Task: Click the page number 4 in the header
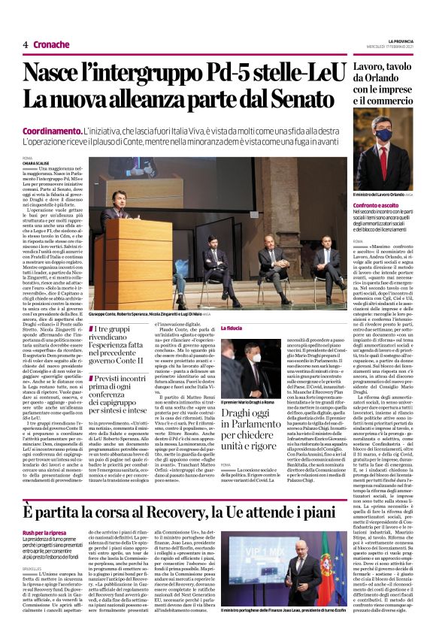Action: (x=25, y=45)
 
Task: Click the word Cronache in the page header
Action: (x=52, y=45)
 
